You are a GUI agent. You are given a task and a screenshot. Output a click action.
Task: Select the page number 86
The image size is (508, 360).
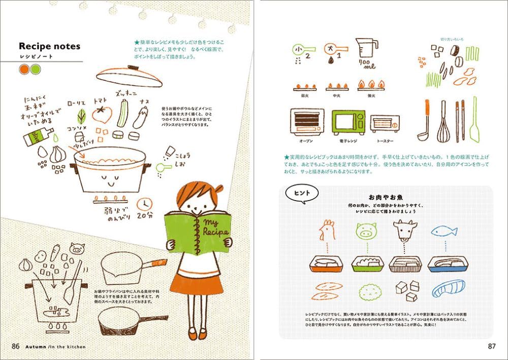15,346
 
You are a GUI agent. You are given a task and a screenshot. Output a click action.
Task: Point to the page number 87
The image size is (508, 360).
491,346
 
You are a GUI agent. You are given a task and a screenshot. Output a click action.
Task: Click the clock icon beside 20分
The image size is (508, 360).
145,203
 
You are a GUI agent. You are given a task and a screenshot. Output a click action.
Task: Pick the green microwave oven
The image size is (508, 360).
348,122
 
